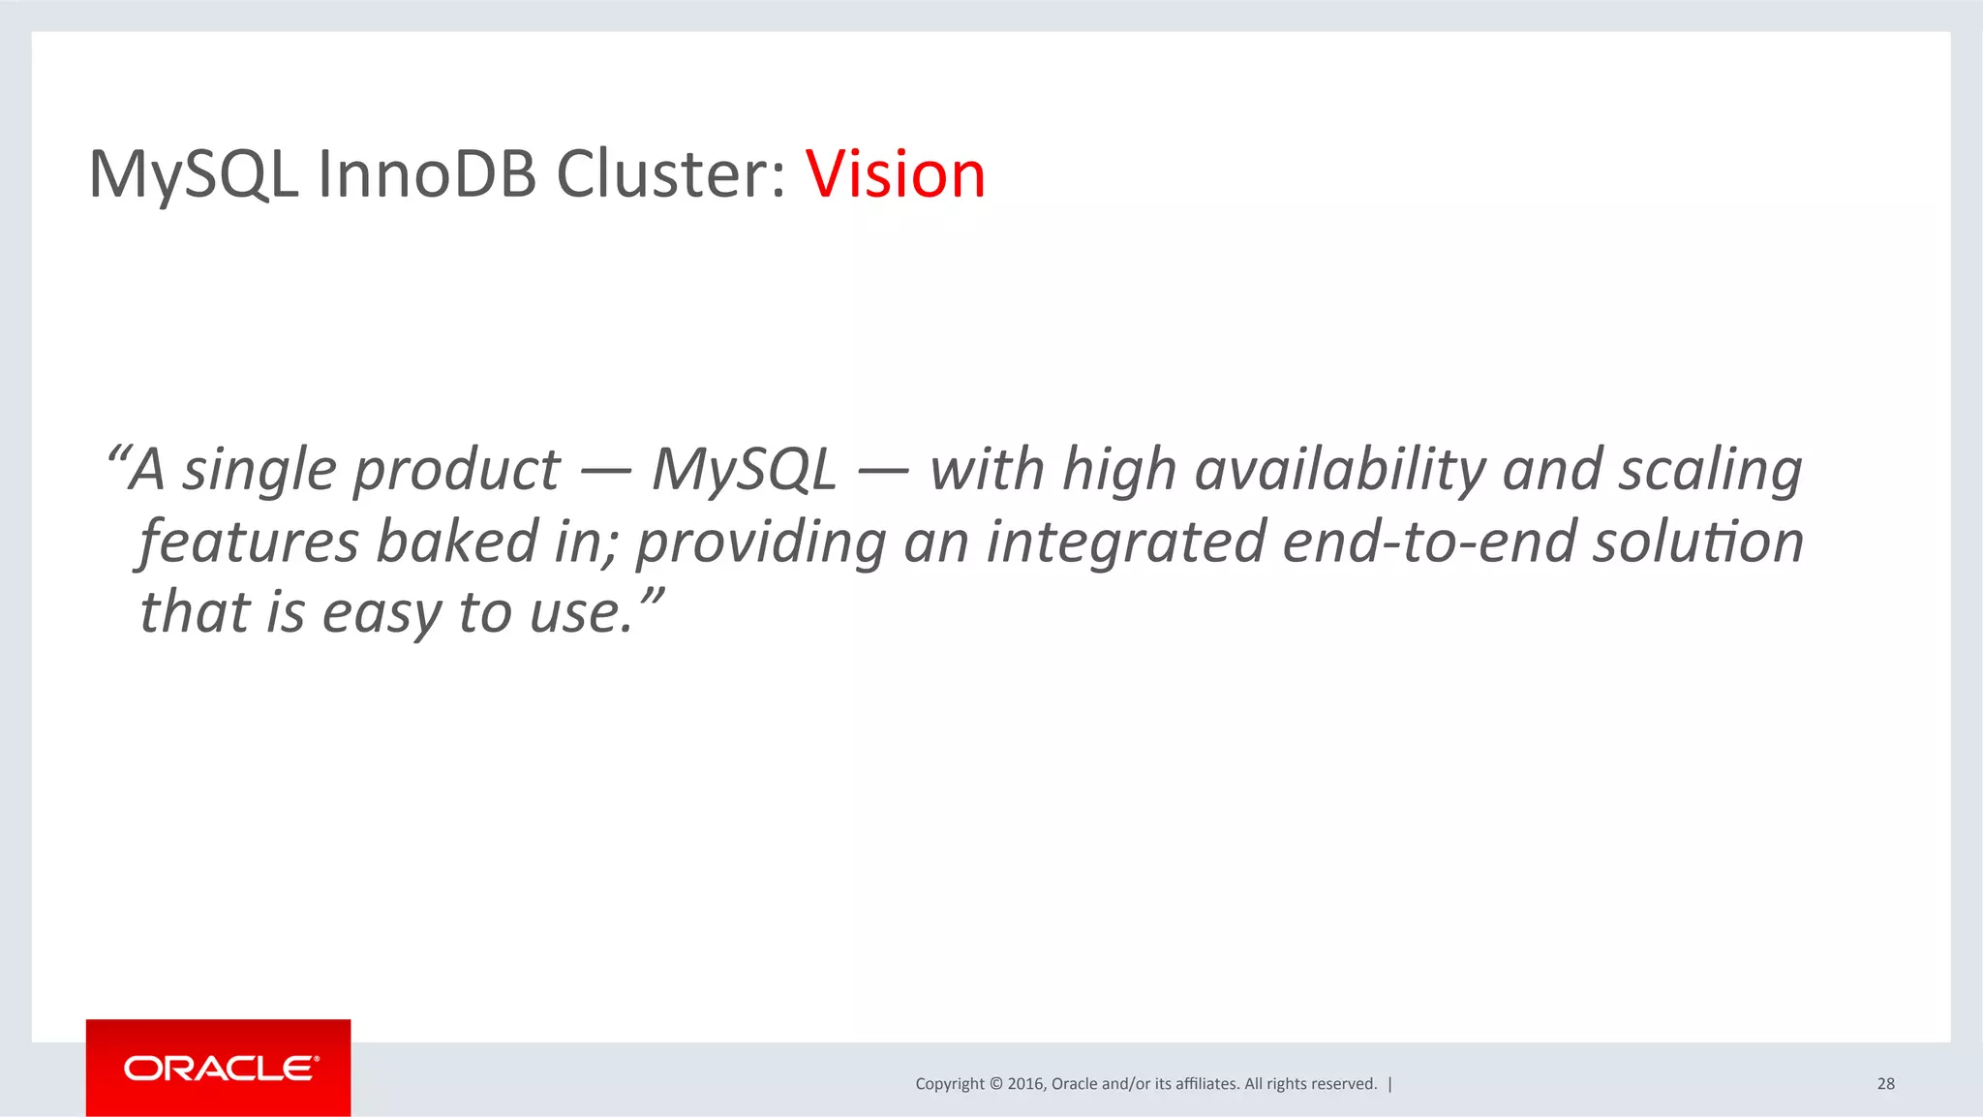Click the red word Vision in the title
click(x=895, y=175)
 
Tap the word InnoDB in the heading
click(x=426, y=175)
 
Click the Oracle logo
click(x=219, y=1068)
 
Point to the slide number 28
click(x=1885, y=1084)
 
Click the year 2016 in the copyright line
click(x=1024, y=1084)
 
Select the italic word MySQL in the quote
click(x=744, y=470)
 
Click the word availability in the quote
click(x=1340, y=470)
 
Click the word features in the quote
click(x=250, y=542)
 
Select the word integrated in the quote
click(x=1126, y=543)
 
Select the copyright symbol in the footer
click(x=996, y=1084)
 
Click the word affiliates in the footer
click(x=1206, y=1084)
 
